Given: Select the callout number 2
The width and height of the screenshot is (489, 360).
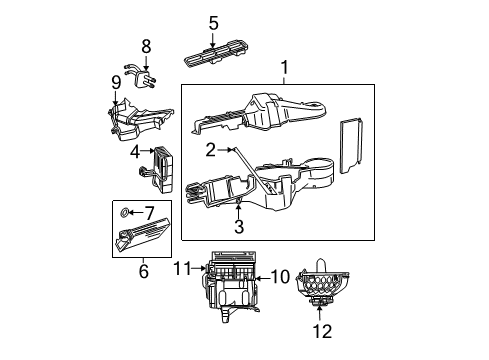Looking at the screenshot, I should click(211, 150).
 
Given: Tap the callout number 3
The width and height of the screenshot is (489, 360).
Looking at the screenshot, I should click(239, 226).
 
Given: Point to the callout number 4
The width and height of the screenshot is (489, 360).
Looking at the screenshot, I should click(133, 153).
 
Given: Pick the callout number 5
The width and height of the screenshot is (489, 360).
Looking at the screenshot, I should click(213, 22).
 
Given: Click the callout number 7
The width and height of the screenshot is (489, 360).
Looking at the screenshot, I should click(150, 213).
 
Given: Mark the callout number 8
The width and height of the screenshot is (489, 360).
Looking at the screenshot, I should click(146, 46).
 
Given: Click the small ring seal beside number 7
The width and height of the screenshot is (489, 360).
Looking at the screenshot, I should click(123, 213).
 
